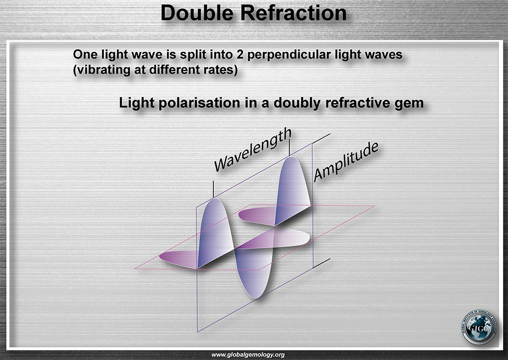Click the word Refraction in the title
294,13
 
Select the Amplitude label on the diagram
346,161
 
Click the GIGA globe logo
479,327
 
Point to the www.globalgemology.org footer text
248,355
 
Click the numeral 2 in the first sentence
239,55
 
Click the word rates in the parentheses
222,70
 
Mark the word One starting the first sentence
85,55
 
